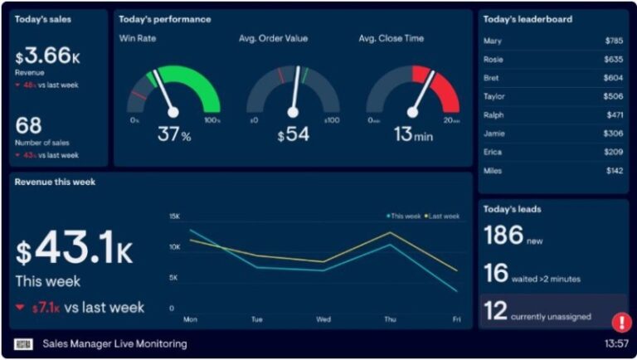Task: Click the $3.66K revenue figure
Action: tap(46, 57)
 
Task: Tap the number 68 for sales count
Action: tap(28, 126)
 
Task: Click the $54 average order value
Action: tap(293, 134)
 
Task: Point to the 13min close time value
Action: tap(413, 134)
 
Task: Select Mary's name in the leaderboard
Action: tap(492, 41)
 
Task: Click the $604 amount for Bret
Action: tap(613, 78)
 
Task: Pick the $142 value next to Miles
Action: tap(614, 171)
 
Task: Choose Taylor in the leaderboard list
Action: tap(494, 96)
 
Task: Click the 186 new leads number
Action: tap(503, 236)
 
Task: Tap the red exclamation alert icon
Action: tap(621, 322)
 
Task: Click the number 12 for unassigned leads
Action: tap(495, 312)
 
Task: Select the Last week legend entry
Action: tap(444, 216)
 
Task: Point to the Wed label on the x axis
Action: tap(323, 319)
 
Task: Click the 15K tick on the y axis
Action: tap(174, 216)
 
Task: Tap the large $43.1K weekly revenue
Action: tap(75, 248)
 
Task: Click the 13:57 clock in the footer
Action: tap(616, 343)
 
